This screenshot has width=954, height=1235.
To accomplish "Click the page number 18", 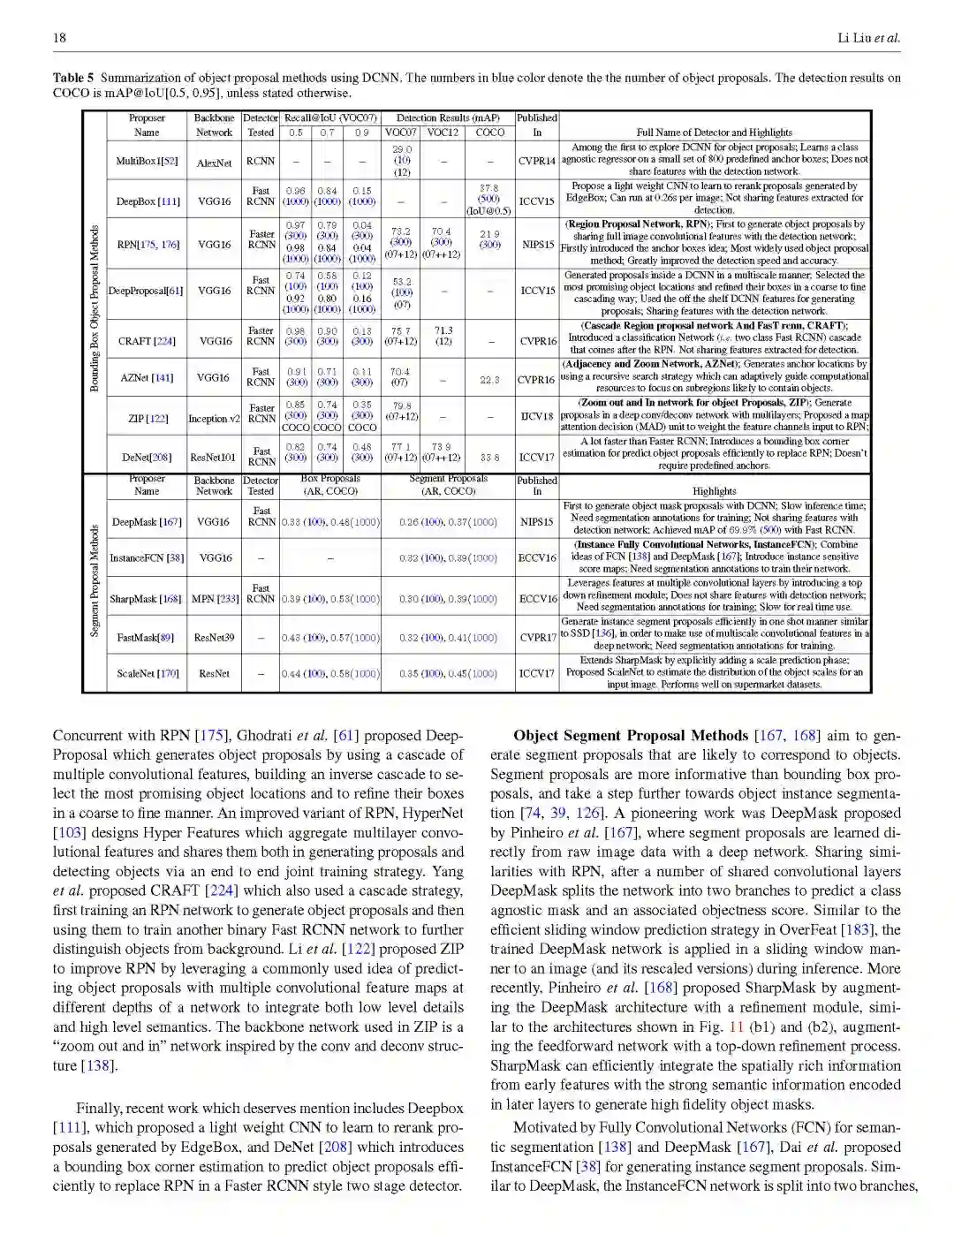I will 59,37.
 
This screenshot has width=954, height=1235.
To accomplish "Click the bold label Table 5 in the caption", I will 72,78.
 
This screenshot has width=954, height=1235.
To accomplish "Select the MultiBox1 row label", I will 147,162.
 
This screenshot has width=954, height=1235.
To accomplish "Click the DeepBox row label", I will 148,201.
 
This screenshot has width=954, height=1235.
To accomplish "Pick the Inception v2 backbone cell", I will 214,419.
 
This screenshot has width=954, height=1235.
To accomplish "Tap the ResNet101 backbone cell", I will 215,458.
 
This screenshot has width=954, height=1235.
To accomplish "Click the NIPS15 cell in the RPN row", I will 537,245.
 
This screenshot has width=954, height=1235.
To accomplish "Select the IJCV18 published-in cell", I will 537,416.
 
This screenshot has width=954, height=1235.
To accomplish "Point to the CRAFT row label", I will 147,341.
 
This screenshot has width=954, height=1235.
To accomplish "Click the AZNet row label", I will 147,378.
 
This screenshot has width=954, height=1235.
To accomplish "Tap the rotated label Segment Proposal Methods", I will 95,580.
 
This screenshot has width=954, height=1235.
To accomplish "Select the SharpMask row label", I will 146,599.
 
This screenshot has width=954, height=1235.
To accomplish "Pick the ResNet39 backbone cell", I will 214,637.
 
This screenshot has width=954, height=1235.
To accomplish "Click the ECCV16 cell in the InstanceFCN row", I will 537,558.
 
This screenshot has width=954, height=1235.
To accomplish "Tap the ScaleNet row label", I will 148,674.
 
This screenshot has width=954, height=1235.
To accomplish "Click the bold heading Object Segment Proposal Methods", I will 630,736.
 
